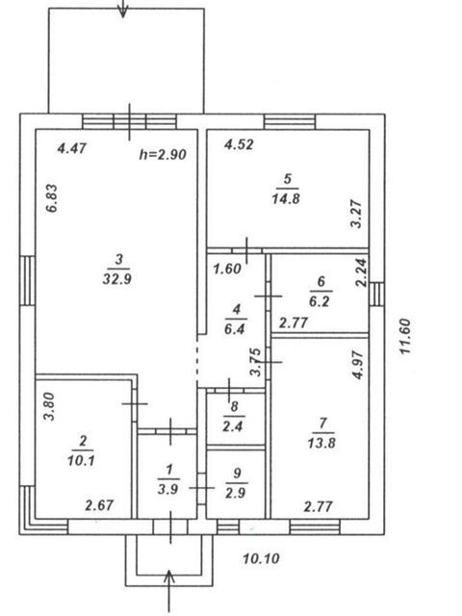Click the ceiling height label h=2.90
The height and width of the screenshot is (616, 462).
coord(163,154)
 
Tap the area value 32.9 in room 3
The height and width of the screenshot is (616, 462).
coord(117,279)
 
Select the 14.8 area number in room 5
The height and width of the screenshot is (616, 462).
coord(286,199)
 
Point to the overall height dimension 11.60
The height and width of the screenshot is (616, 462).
coord(405,336)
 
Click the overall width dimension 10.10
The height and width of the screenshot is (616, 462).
coord(261,558)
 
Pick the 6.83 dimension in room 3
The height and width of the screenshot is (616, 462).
coord(52,198)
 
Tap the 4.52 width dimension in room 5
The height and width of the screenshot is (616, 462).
coord(239,144)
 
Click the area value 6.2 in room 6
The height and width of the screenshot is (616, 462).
coord(320,301)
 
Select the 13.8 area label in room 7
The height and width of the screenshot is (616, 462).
coord(321,443)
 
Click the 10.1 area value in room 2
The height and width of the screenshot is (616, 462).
coord(81,460)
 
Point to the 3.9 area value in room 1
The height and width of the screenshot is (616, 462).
coord(168,489)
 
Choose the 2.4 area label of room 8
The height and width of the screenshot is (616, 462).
coord(233,426)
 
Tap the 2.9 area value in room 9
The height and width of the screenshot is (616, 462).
coord(236,493)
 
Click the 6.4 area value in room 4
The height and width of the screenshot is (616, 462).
coord(235,329)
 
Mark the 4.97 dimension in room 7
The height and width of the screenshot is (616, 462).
coord(359,365)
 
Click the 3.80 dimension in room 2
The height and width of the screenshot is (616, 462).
coord(49,406)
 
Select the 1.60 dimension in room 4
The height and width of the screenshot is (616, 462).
coord(227,269)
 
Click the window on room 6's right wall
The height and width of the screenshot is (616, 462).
coord(376,295)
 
